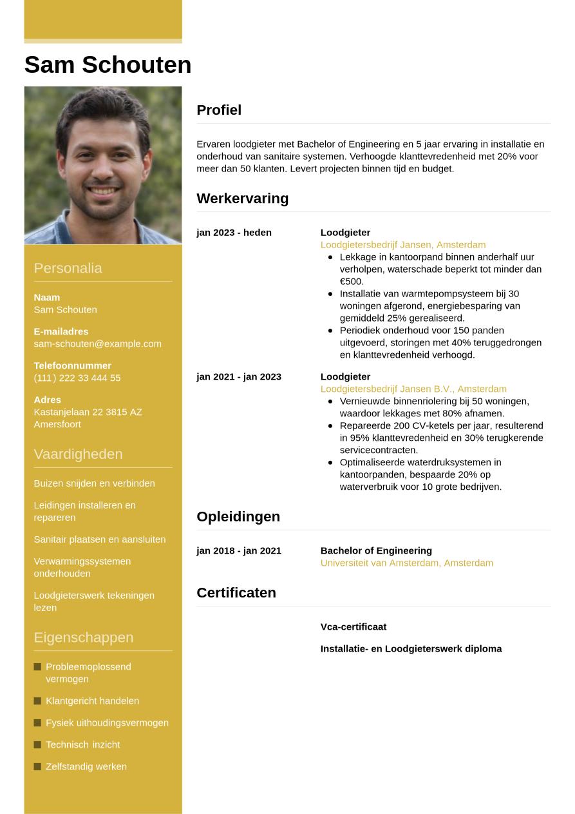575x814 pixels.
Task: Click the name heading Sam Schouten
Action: click(108, 65)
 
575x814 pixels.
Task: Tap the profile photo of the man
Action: click(103, 165)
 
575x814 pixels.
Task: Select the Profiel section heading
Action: click(219, 110)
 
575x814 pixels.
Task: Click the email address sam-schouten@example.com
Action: click(97, 344)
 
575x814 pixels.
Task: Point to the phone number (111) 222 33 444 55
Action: click(77, 378)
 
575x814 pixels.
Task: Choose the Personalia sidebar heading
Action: click(68, 268)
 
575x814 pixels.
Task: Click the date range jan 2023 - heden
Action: click(234, 233)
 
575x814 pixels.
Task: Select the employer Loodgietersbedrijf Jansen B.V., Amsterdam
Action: click(413, 389)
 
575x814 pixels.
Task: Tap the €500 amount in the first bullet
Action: click(352, 282)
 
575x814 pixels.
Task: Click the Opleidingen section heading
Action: click(238, 517)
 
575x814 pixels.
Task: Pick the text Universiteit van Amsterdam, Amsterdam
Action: click(406, 563)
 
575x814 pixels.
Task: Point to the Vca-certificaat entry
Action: click(353, 626)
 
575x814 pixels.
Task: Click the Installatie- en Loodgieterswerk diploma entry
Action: click(411, 648)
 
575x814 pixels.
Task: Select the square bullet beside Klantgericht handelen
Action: click(37, 701)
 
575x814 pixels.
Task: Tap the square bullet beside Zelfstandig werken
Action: click(37, 766)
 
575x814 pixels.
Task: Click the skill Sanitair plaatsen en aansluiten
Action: click(99, 539)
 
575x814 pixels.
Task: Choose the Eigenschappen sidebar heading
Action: click(83, 637)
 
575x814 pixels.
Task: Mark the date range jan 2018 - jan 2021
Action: click(239, 551)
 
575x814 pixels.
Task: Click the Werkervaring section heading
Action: click(242, 199)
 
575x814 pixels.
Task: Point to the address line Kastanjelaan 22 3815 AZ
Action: click(88, 412)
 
